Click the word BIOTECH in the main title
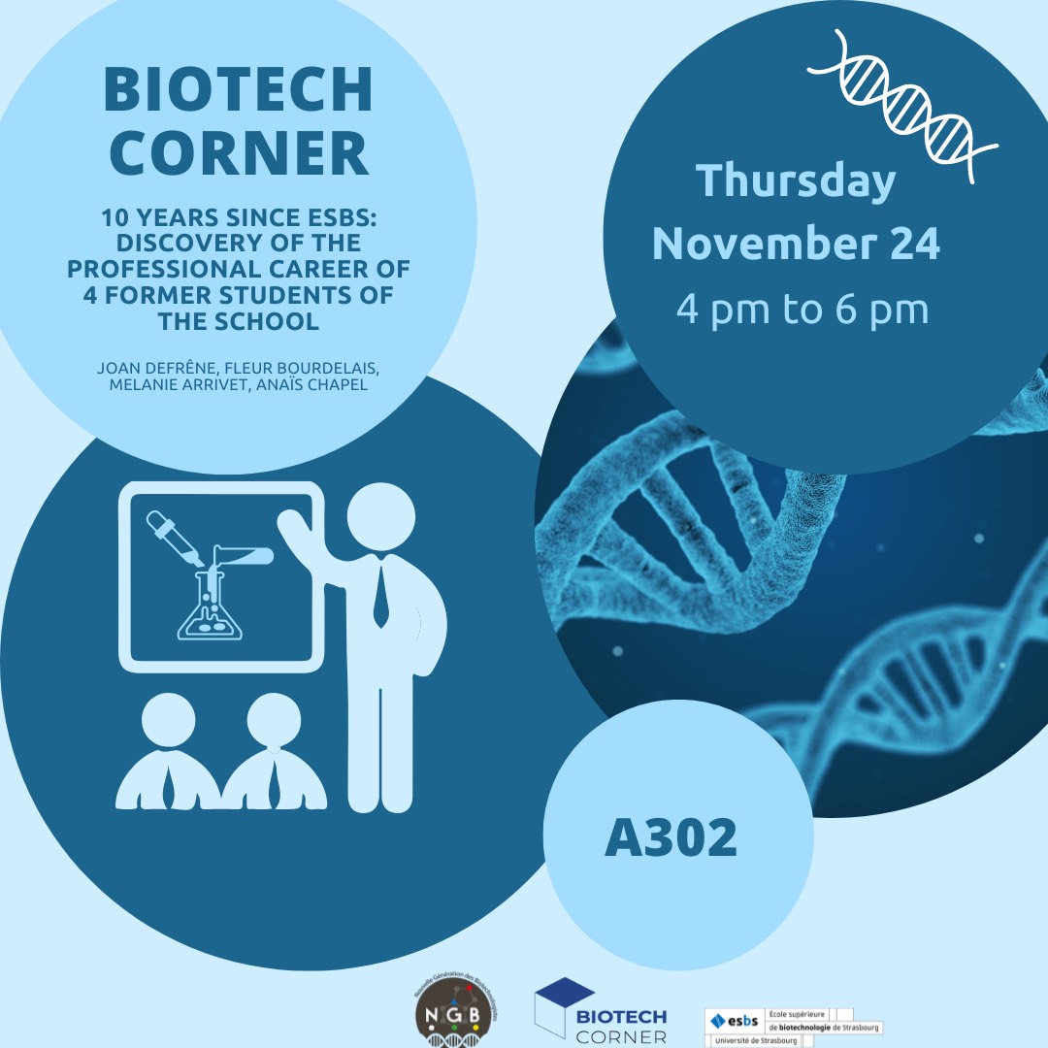tap(238, 91)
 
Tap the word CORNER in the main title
tap(238, 152)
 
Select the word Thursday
tap(796, 181)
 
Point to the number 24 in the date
tap(914, 244)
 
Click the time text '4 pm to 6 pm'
tap(802, 309)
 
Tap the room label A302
tap(671, 838)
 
